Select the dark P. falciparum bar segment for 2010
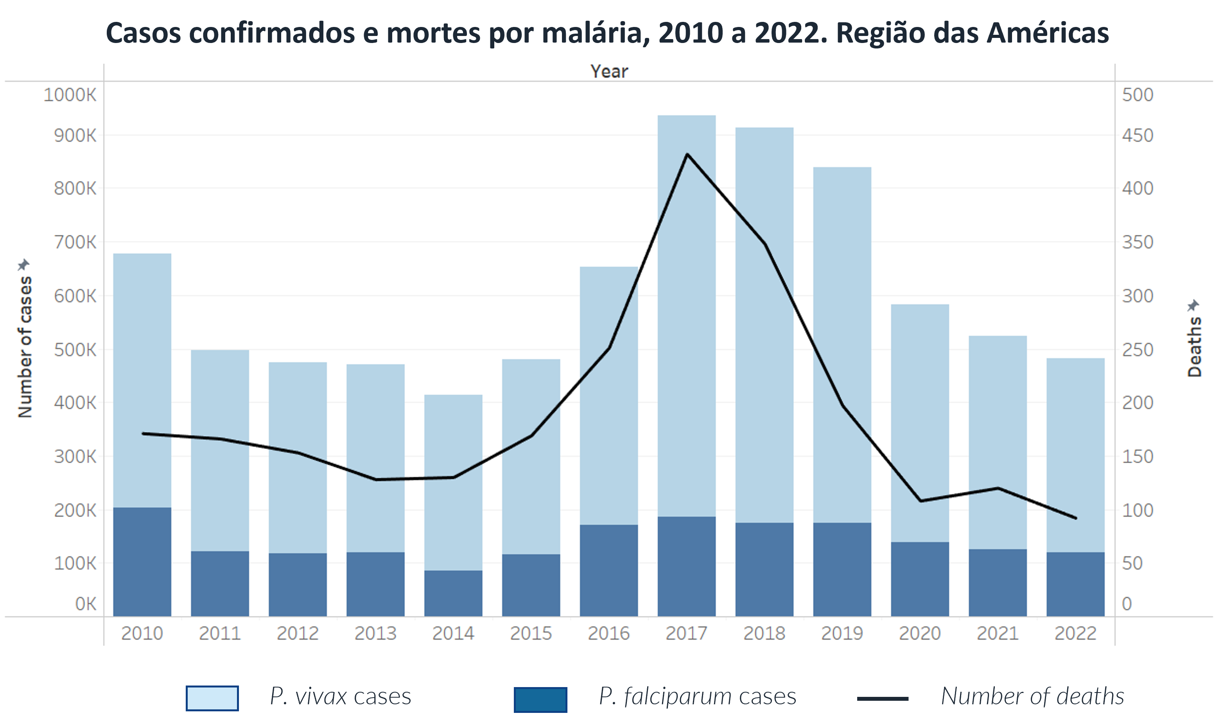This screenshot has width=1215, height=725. click(142, 562)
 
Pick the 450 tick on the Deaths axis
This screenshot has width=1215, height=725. click(1137, 135)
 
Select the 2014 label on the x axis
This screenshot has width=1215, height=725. click(453, 633)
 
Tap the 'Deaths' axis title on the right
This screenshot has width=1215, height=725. click(1195, 347)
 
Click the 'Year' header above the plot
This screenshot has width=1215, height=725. click(609, 71)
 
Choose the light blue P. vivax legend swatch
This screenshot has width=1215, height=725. click(212, 698)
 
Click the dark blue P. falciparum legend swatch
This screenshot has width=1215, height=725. click(540, 699)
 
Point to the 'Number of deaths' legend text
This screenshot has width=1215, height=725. click(1032, 696)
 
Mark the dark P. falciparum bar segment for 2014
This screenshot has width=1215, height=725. click(453, 593)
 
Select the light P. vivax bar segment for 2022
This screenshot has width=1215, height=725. click(1075, 454)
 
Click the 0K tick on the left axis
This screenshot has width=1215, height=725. click(86, 604)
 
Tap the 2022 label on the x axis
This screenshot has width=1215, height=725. click(1075, 633)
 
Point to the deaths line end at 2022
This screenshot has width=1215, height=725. click(1076, 518)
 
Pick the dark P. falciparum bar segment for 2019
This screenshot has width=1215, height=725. click(842, 569)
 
